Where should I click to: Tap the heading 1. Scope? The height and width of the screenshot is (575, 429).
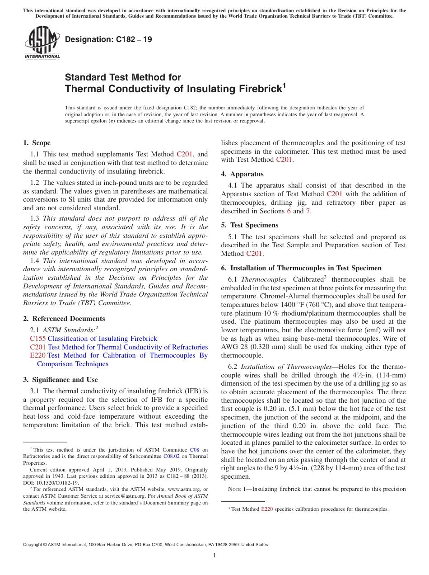tap(37, 143)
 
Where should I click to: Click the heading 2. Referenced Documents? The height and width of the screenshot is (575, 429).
tap(64, 319)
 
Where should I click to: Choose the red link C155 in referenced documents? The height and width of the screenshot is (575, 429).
tap(38, 339)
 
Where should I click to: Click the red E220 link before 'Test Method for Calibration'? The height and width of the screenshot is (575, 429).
tap(38, 355)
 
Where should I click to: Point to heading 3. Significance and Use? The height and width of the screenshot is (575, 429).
tap(61, 380)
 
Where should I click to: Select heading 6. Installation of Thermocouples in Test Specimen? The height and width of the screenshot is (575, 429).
tap(301, 268)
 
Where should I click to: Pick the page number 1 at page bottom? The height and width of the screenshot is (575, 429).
tap(214, 556)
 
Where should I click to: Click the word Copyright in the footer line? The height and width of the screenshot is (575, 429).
tap(33, 545)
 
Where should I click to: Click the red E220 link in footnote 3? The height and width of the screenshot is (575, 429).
tap(267, 509)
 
